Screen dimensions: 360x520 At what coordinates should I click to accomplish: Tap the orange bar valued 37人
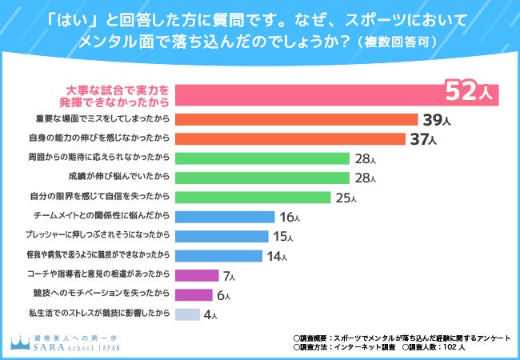click(x=290, y=139)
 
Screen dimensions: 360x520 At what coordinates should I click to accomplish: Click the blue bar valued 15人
click(x=222, y=236)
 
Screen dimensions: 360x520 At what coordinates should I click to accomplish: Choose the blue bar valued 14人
click(x=218, y=256)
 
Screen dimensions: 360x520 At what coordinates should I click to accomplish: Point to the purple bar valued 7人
click(x=196, y=275)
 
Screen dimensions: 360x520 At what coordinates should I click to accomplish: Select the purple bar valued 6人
click(x=193, y=294)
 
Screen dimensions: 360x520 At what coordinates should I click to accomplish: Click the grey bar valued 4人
click(x=187, y=314)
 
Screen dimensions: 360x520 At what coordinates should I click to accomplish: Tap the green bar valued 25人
click(x=256, y=197)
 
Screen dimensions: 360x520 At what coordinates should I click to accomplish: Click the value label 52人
click(x=472, y=94)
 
